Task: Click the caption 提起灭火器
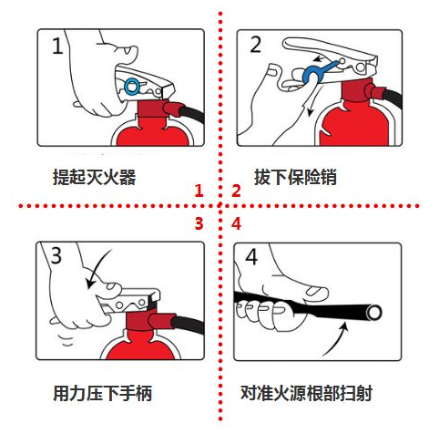(x=95, y=177)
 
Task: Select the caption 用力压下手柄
(x=102, y=394)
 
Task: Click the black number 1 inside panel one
(x=57, y=46)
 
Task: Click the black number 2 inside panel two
(x=255, y=45)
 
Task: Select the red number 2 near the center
(x=236, y=191)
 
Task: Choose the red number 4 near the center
(x=236, y=223)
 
